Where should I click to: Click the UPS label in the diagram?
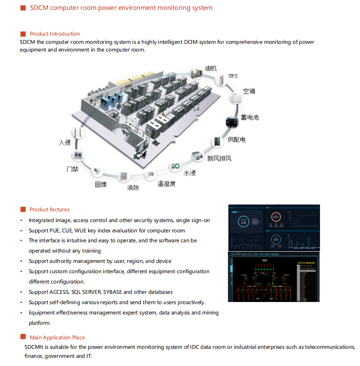(233, 76)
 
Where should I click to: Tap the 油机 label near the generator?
(211, 68)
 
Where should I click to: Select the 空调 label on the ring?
(249, 91)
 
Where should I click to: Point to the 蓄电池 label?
(249, 117)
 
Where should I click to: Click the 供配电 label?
(236, 140)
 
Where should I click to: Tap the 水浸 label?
(190, 173)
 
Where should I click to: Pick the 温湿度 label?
(166, 184)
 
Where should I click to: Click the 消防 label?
(133, 188)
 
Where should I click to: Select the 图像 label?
(101, 184)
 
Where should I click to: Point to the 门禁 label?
(72, 169)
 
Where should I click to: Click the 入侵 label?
(65, 142)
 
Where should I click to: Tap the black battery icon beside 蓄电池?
(232, 122)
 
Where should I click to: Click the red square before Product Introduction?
(23, 34)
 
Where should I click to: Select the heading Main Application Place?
(57, 338)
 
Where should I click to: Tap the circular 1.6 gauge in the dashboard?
(243, 222)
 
